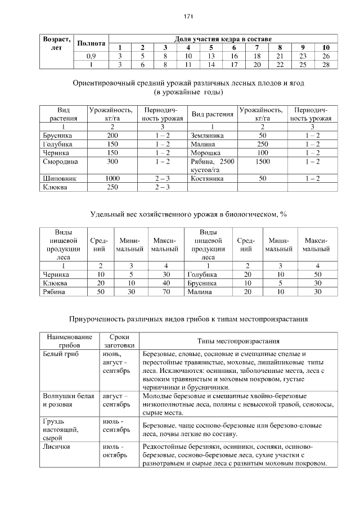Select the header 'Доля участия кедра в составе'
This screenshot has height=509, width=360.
pos(223,39)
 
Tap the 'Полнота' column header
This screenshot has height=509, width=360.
pos(91,43)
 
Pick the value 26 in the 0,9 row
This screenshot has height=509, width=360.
pos(326,56)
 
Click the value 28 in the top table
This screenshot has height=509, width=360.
pos(326,65)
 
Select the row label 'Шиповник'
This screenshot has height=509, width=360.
pos(59,178)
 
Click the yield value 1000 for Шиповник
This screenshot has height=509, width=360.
pos(112,178)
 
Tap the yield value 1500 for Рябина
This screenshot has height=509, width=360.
pos(262,161)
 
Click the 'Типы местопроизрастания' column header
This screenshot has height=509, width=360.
pos(238,341)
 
